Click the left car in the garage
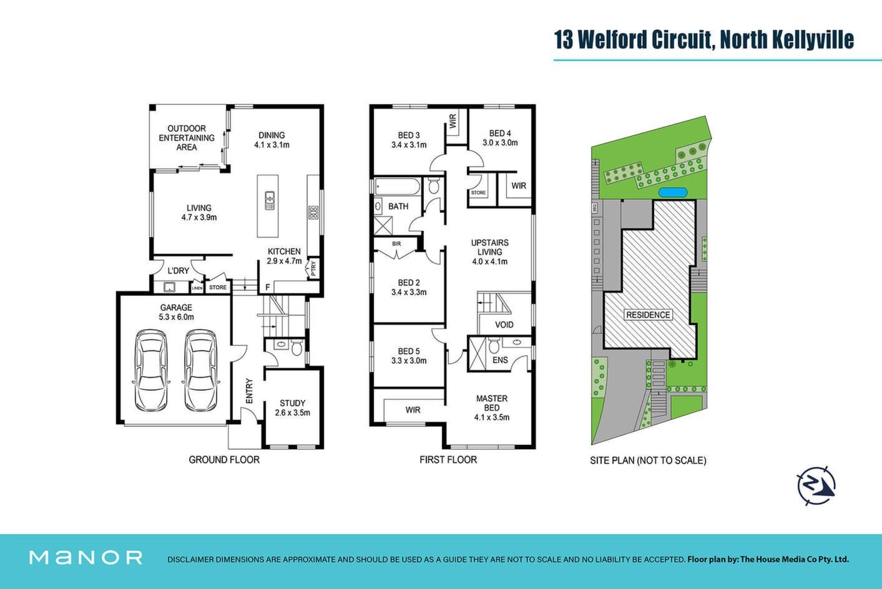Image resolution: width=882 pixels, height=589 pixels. [x=151, y=371]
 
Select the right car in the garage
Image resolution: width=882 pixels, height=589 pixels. [x=200, y=371]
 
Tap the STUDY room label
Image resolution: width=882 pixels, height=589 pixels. [x=293, y=403]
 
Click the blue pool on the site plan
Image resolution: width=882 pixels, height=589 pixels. [x=673, y=192]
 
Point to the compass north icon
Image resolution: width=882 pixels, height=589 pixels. [x=816, y=485]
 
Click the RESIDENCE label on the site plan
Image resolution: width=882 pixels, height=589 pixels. [x=648, y=314]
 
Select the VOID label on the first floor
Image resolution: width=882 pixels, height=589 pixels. [x=504, y=324]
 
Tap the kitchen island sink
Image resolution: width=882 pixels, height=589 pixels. [x=270, y=200]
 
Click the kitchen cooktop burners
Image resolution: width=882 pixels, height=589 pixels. [x=313, y=213]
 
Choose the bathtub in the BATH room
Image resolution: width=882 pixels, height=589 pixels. [x=397, y=187]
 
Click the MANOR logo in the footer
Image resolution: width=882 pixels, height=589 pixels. [x=86, y=558]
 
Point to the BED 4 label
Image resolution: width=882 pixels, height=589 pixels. [x=500, y=134]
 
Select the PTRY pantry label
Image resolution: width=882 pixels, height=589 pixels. [x=313, y=268]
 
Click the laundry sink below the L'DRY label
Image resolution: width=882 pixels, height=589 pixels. [x=169, y=287]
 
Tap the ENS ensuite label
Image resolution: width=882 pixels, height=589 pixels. [x=500, y=360]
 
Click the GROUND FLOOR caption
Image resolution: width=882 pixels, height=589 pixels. [x=224, y=460]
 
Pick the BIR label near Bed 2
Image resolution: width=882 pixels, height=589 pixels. [x=396, y=244]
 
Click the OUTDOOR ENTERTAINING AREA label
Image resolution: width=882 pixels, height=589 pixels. [x=187, y=138]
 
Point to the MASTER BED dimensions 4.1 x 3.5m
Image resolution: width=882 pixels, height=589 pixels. [x=492, y=417]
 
